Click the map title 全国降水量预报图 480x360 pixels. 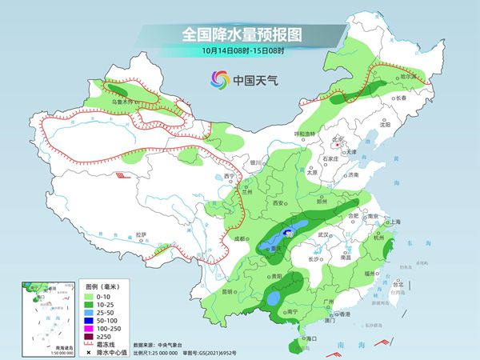[x=239, y=34]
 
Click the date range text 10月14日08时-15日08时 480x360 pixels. [x=239, y=52]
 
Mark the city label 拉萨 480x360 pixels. [x=142, y=235]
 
